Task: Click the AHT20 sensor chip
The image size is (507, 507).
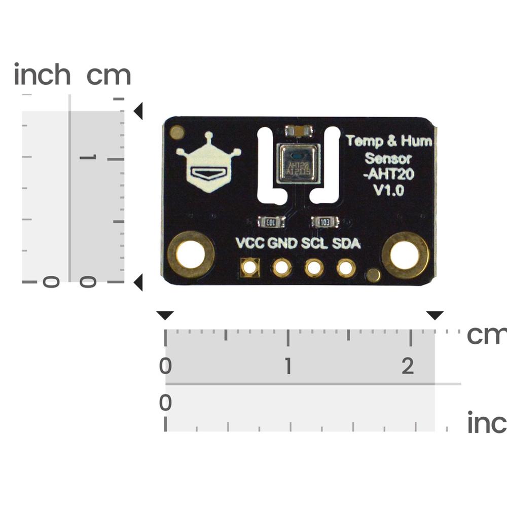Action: point(298,163)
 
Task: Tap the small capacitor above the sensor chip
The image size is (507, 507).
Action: point(298,131)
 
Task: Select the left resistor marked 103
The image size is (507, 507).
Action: point(271,222)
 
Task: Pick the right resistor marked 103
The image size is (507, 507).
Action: point(325,222)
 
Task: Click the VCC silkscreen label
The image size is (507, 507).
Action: point(250,244)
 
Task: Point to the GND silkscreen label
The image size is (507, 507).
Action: point(282,244)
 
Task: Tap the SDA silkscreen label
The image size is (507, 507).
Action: point(346,244)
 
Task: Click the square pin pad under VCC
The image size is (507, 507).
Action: point(250,267)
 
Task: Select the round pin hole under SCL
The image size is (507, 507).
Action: point(314,268)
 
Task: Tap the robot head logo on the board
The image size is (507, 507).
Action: point(208,163)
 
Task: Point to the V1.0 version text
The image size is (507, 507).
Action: point(388,191)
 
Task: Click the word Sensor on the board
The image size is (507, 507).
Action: point(388,158)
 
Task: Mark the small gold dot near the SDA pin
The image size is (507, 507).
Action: point(373,275)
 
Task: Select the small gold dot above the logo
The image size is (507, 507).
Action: point(177,133)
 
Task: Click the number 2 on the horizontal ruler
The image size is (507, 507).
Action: point(408,366)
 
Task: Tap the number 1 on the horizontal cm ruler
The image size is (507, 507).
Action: point(288,366)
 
